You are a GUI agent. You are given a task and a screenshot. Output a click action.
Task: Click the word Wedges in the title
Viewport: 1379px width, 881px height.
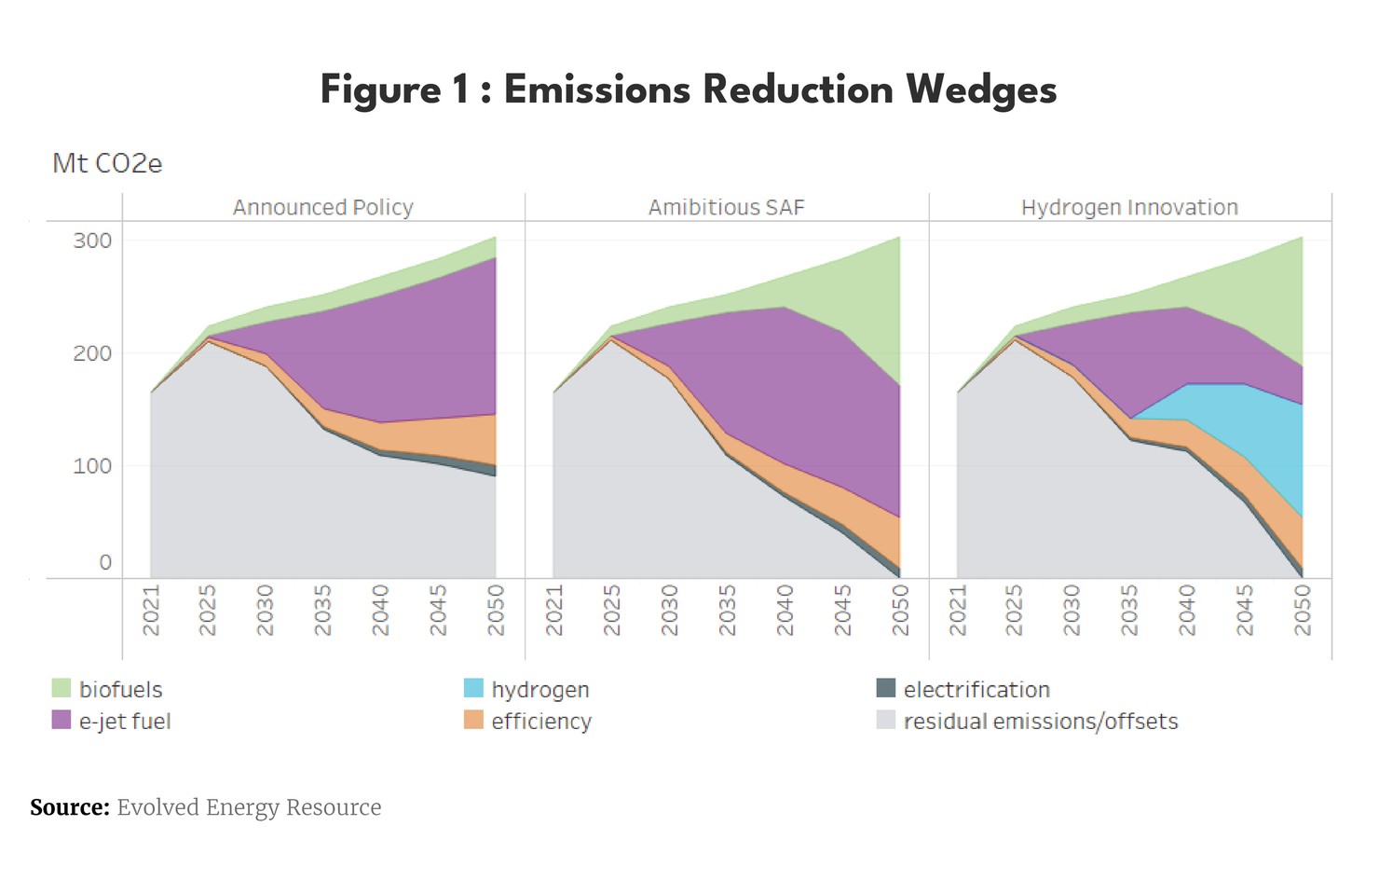[x=980, y=90]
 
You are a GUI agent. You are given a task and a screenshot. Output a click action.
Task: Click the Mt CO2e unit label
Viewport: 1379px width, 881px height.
[x=107, y=164]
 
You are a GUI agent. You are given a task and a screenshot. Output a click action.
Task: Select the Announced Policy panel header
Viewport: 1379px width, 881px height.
[x=322, y=207]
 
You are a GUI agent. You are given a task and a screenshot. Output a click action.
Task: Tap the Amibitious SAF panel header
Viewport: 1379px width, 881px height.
[x=726, y=207]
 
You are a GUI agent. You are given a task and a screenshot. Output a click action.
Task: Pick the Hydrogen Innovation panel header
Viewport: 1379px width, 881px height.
[x=1129, y=207]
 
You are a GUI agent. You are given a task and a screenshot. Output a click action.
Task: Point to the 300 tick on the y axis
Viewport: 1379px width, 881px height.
[x=92, y=241]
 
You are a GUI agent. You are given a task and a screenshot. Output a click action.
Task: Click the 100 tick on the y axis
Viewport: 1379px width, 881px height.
[x=92, y=465]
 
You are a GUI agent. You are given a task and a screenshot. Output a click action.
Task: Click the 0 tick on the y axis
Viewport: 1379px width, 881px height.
[x=105, y=562]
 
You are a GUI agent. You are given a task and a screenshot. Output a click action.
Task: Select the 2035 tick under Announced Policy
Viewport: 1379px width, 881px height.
[x=323, y=611]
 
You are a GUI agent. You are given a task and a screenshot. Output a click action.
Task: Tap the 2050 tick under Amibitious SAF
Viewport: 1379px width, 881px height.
[x=900, y=611]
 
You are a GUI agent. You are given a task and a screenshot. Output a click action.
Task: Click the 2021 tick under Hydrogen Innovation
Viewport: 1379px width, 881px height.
[x=957, y=611]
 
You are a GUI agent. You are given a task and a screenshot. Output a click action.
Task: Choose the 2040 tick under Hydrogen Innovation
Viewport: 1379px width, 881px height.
[x=1187, y=611]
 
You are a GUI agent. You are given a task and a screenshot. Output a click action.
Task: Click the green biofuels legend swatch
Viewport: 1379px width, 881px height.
[x=61, y=688]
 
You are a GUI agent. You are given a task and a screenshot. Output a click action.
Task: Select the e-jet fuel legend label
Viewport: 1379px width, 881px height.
[x=125, y=721]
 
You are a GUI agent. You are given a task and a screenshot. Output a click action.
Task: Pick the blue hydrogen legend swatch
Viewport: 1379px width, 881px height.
[x=473, y=688]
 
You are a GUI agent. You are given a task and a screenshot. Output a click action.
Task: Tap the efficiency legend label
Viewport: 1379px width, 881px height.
[x=541, y=721]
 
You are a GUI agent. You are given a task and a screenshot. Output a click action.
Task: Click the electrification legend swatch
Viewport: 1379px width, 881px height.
[x=886, y=688]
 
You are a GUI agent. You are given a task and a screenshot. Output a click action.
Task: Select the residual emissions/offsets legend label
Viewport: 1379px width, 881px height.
[x=1040, y=721]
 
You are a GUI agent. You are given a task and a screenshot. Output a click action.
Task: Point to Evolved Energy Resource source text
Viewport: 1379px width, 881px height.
[x=249, y=807]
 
